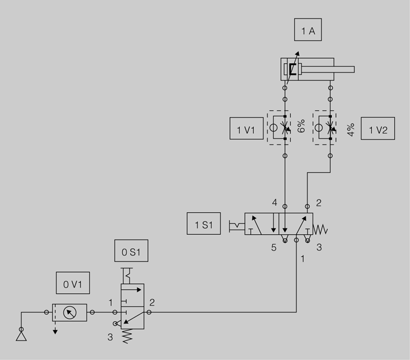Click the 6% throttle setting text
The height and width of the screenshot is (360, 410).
301,126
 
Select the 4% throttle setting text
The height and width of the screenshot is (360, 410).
351,130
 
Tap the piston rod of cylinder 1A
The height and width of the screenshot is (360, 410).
328,70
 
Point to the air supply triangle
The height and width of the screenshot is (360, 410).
21,336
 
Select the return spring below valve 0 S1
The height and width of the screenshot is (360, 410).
127,336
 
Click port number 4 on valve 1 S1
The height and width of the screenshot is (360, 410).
274,202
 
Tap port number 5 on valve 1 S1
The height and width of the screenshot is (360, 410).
274,248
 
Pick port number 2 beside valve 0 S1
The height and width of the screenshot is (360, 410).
152,303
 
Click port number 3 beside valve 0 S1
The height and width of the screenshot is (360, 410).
110,337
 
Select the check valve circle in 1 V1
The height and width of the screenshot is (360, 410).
273,128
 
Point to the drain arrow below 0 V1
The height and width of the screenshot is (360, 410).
55,328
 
